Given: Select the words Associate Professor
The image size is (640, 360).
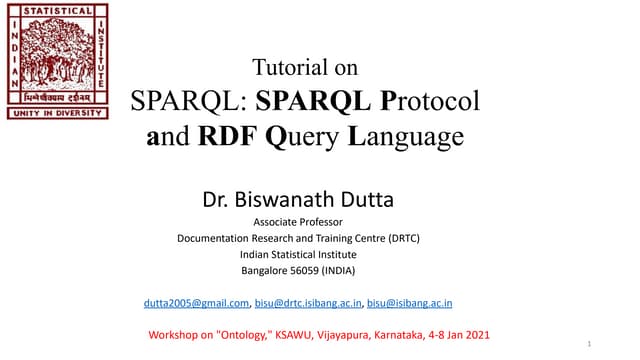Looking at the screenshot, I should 298,222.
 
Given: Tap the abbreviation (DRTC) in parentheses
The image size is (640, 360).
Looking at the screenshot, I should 397,238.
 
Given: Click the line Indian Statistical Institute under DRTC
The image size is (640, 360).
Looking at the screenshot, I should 298,254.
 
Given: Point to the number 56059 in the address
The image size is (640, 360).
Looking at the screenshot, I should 305,270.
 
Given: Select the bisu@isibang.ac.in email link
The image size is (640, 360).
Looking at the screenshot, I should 410,302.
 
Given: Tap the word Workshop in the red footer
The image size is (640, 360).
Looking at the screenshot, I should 173,333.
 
